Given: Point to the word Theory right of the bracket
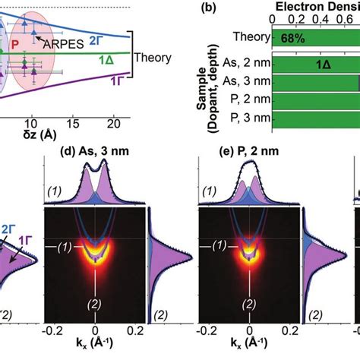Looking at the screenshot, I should pos(153,57).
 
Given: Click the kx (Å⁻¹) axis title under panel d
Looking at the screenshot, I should pos(94,348).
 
